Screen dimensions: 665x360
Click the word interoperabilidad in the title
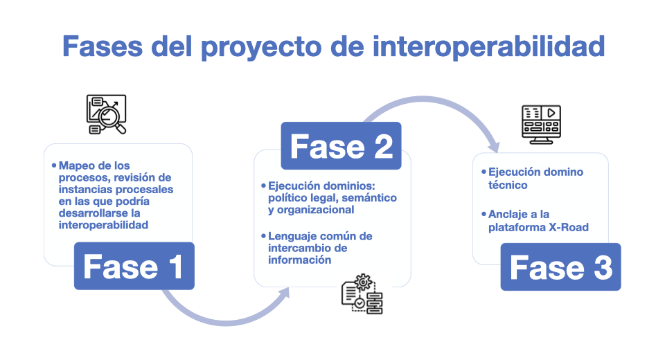click(x=488, y=46)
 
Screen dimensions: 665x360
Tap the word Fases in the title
click(x=103, y=46)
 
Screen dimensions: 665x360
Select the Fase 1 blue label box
click(x=134, y=266)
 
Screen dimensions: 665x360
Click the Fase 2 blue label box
click(x=341, y=146)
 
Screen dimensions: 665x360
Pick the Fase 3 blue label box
click(x=560, y=267)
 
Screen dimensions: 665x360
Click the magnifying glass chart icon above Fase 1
click(x=106, y=114)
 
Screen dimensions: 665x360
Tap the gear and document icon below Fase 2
click(x=362, y=294)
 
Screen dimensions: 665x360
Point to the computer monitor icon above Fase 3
click(x=541, y=124)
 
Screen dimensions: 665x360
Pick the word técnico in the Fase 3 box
click(x=508, y=185)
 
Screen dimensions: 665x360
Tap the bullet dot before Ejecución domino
click(x=484, y=172)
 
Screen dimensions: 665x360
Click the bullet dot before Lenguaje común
click(x=263, y=236)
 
